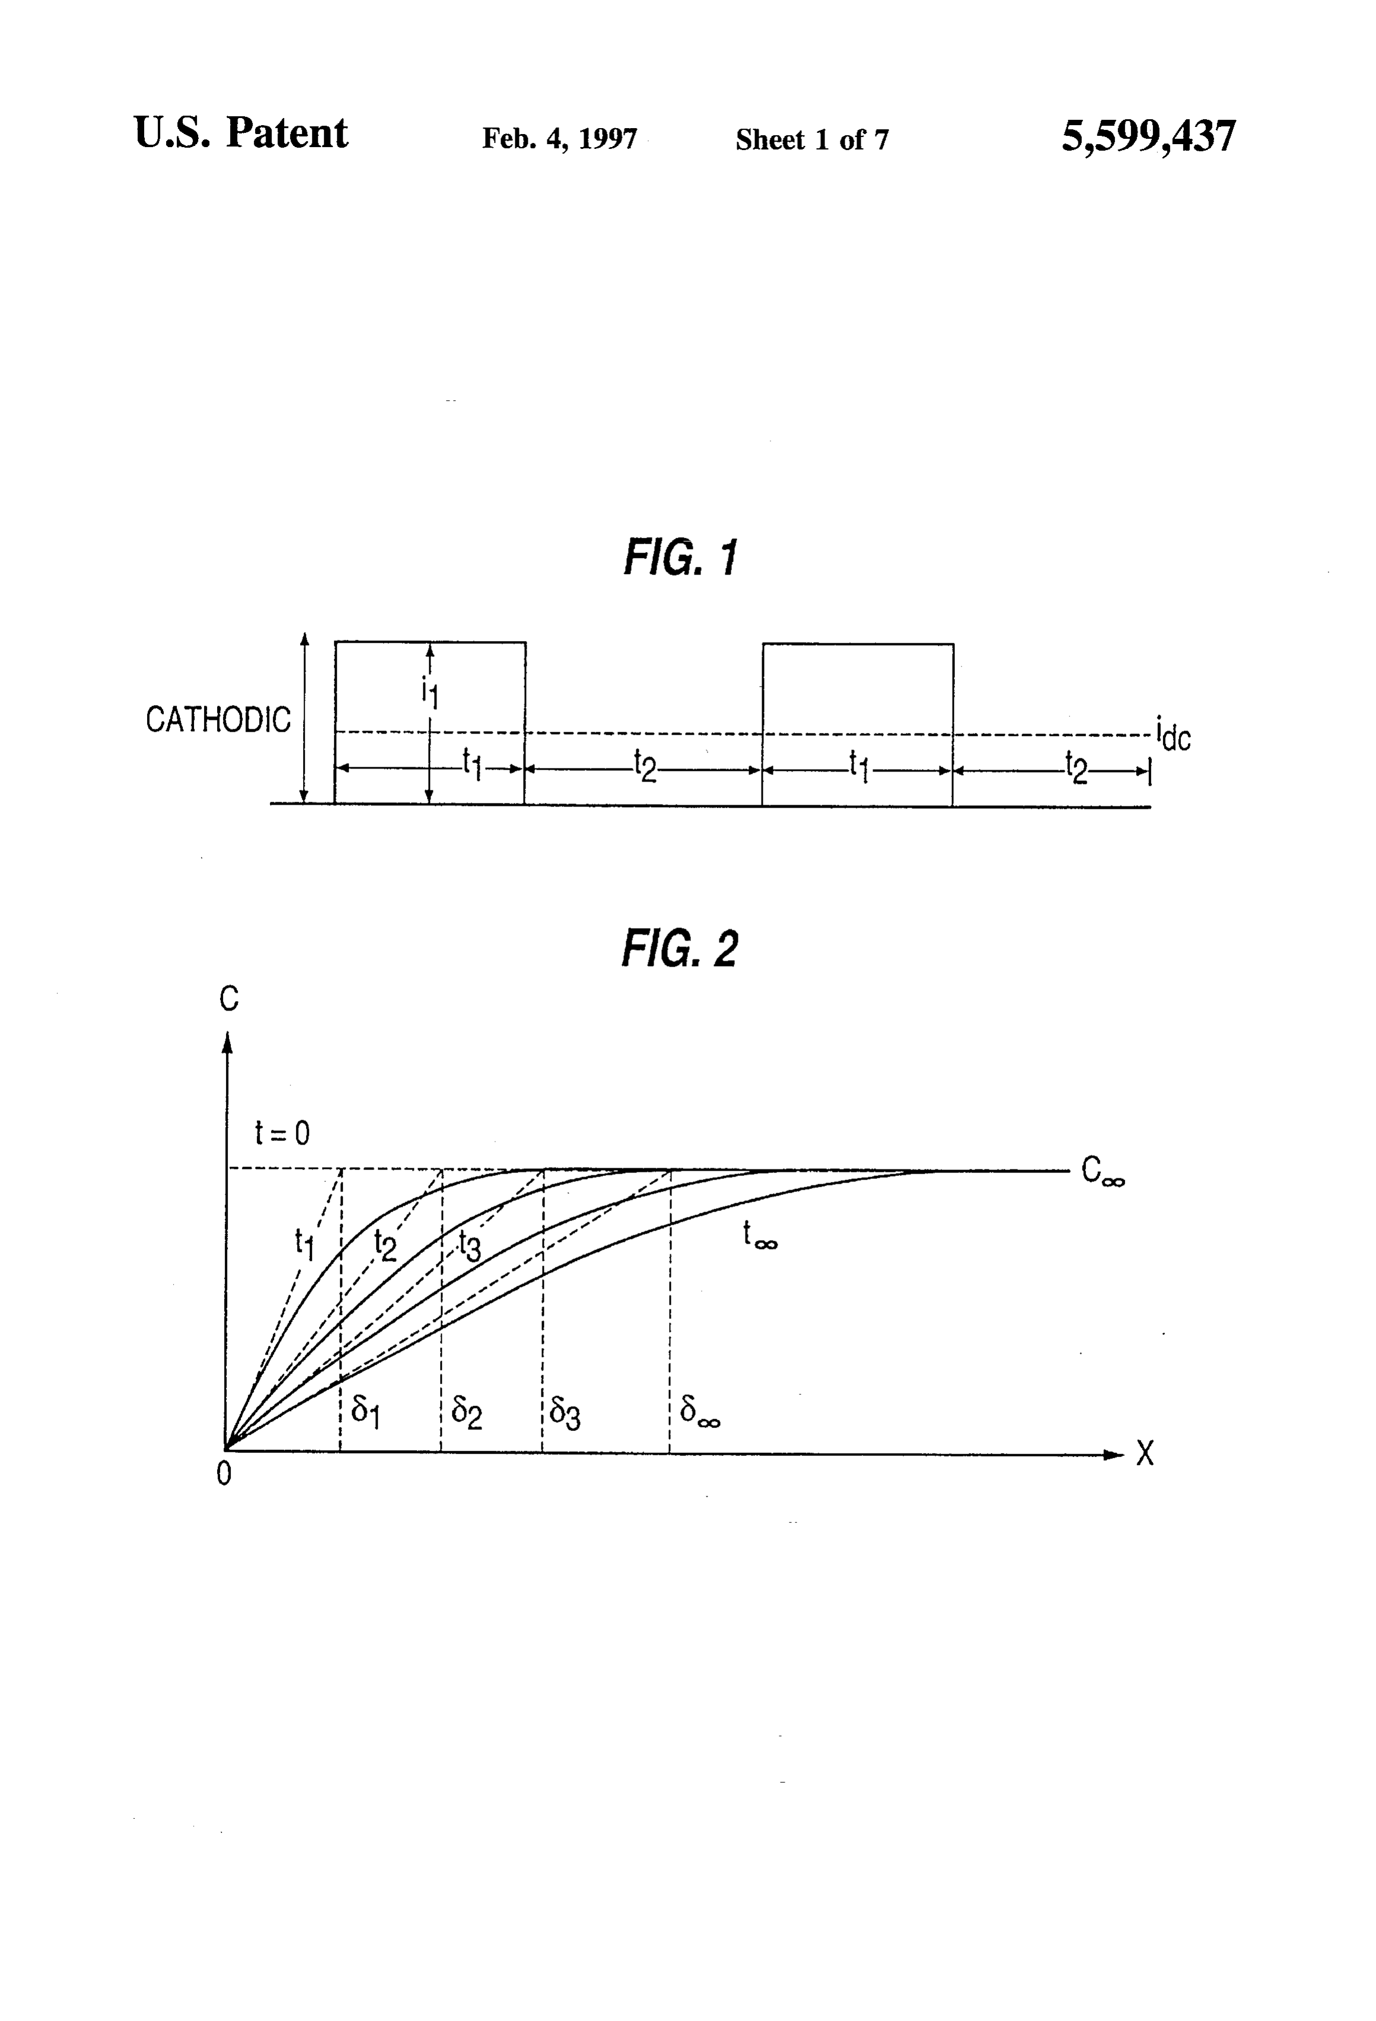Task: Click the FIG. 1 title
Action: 681,557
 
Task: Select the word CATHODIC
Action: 218,719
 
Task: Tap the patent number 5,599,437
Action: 1148,136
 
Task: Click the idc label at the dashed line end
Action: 1173,734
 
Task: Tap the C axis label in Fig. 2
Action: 229,999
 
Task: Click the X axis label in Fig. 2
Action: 1145,1453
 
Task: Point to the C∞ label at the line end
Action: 1103,1171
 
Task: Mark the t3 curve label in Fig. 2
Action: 469,1246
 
